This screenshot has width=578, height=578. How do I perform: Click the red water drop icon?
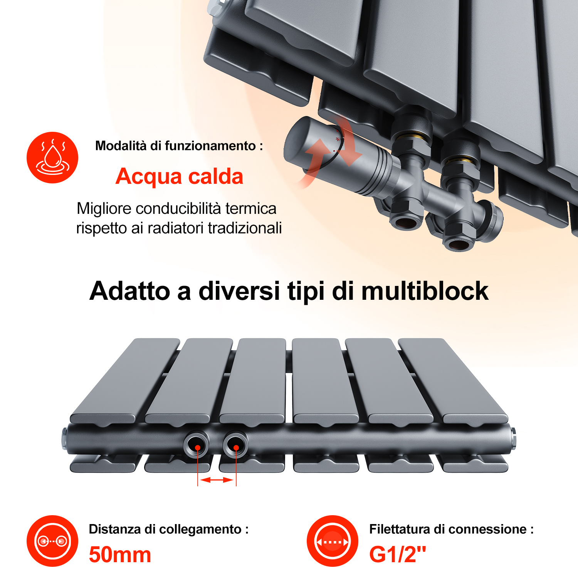click(52, 158)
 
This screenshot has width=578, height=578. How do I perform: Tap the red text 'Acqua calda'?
click(180, 176)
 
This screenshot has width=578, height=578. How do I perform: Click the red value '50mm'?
click(120, 555)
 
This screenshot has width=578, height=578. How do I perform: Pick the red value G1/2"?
click(398, 554)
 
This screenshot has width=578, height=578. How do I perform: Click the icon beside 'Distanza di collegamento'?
click(52, 541)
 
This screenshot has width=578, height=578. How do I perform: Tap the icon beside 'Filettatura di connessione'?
click(333, 541)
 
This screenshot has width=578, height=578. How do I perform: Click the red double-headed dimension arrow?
click(217, 480)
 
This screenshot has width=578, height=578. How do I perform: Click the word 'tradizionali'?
click(245, 228)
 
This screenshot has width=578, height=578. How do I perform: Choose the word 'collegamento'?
click(200, 529)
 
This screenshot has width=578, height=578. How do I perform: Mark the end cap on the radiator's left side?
click(65, 439)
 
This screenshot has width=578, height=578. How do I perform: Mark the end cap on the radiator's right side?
click(513, 438)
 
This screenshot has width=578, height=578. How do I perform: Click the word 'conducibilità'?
click(178, 208)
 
